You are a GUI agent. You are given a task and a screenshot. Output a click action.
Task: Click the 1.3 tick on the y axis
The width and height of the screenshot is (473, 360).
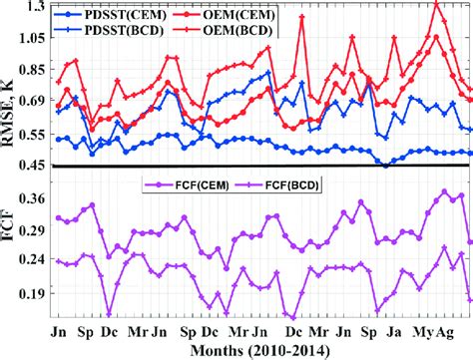coord(33,7)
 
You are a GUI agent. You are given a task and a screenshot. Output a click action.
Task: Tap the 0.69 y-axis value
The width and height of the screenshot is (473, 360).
coord(29,101)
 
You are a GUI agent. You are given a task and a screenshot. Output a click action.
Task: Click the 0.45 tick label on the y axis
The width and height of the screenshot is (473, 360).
coord(29,166)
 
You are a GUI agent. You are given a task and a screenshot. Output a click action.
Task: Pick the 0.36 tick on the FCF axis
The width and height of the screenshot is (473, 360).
coord(29,199)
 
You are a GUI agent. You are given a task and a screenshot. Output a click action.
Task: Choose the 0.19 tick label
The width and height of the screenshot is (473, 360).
coord(29,294)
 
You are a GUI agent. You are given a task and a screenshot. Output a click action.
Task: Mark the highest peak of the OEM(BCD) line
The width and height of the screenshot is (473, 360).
coord(435,4)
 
